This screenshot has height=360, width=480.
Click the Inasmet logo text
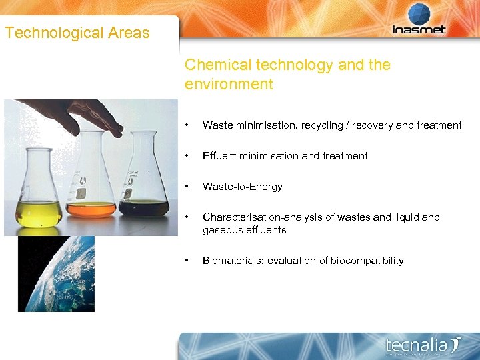(419, 30)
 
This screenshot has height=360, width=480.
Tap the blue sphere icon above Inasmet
(419, 13)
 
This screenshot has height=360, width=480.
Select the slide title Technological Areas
(77, 33)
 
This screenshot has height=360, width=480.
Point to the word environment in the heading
(229, 84)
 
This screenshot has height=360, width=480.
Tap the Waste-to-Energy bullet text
(242, 187)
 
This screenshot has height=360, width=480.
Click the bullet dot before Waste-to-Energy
(189, 187)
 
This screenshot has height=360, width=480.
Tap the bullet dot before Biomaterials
(189, 261)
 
